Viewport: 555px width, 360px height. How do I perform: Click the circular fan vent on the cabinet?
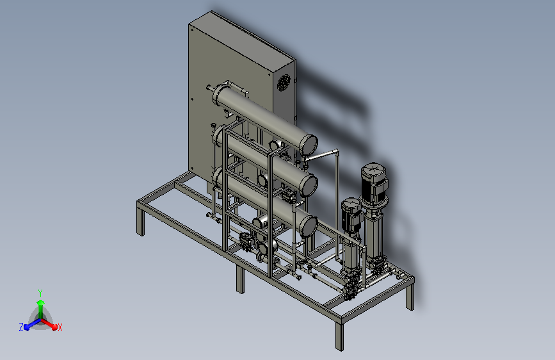coord(284,83)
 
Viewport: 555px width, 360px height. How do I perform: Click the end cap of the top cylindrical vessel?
coord(309,144)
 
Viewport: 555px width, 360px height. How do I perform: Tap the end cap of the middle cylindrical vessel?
coord(309,185)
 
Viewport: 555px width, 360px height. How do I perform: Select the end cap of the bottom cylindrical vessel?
coord(309,226)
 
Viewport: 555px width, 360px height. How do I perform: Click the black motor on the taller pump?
coord(374,184)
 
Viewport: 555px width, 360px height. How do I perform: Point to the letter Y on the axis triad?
coord(40,293)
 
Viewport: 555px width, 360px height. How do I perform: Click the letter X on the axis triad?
coord(60,328)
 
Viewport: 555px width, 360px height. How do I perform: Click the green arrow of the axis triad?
coord(41,309)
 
